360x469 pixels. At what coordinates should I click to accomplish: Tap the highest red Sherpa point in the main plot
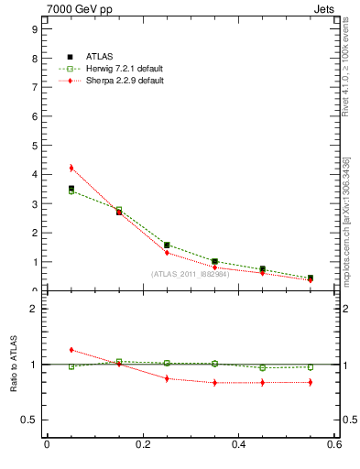tap(71, 168)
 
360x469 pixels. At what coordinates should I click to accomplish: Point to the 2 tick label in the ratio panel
tap(33, 309)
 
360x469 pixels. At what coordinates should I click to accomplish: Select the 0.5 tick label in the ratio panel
tap(29, 420)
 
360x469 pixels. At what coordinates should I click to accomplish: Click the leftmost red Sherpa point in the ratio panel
tap(71, 350)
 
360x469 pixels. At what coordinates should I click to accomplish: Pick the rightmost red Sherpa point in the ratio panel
tap(311, 382)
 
